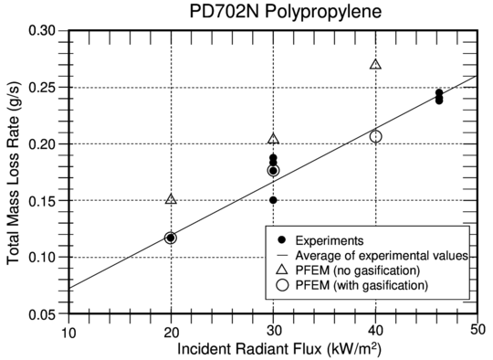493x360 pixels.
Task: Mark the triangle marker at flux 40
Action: click(375, 64)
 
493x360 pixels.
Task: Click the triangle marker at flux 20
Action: click(171, 198)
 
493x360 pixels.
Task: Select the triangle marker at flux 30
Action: click(273, 139)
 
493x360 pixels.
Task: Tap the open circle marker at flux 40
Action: click(375, 136)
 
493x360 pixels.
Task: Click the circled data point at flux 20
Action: click(171, 238)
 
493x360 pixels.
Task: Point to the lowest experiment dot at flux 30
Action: click(273, 200)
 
